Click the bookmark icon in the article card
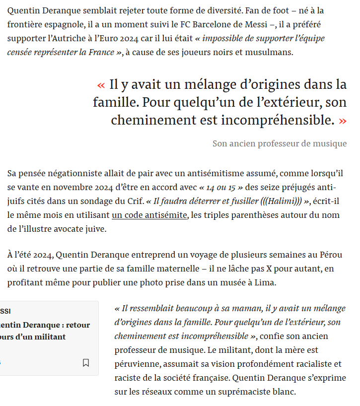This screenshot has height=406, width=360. click(x=86, y=363)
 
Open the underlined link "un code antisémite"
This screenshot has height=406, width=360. click(x=150, y=215)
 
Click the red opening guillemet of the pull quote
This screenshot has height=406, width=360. click(x=101, y=85)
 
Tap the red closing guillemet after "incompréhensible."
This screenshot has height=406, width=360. click(x=342, y=121)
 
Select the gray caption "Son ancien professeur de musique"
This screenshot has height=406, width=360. click(x=280, y=143)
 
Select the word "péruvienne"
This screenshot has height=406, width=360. click(x=138, y=364)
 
